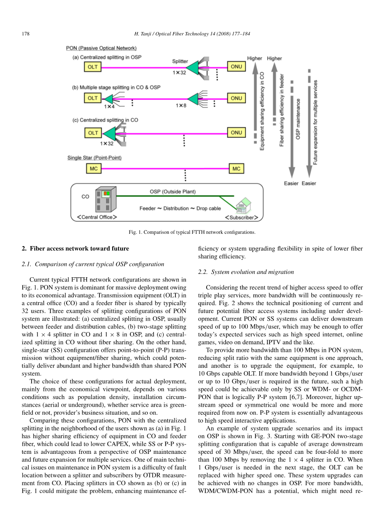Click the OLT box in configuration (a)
click(x=93, y=67)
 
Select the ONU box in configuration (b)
click(x=237, y=98)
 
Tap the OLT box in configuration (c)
click(x=93, y=133)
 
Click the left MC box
click(x=94, y=169)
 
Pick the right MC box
click(x=237, y=169)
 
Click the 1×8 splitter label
click(x=181, y=106)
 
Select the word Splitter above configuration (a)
click(x=180, y=61)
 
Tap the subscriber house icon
click(x=243, y=206)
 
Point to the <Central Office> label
click(x=97, y=217)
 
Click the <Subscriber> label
click(x=239, y=217)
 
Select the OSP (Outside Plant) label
click(x=173, y=192)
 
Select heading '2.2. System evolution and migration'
click(x=246, y=272)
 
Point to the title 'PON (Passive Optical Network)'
click(x=102, y=48)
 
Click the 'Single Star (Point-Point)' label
click(x=94, y=158)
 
